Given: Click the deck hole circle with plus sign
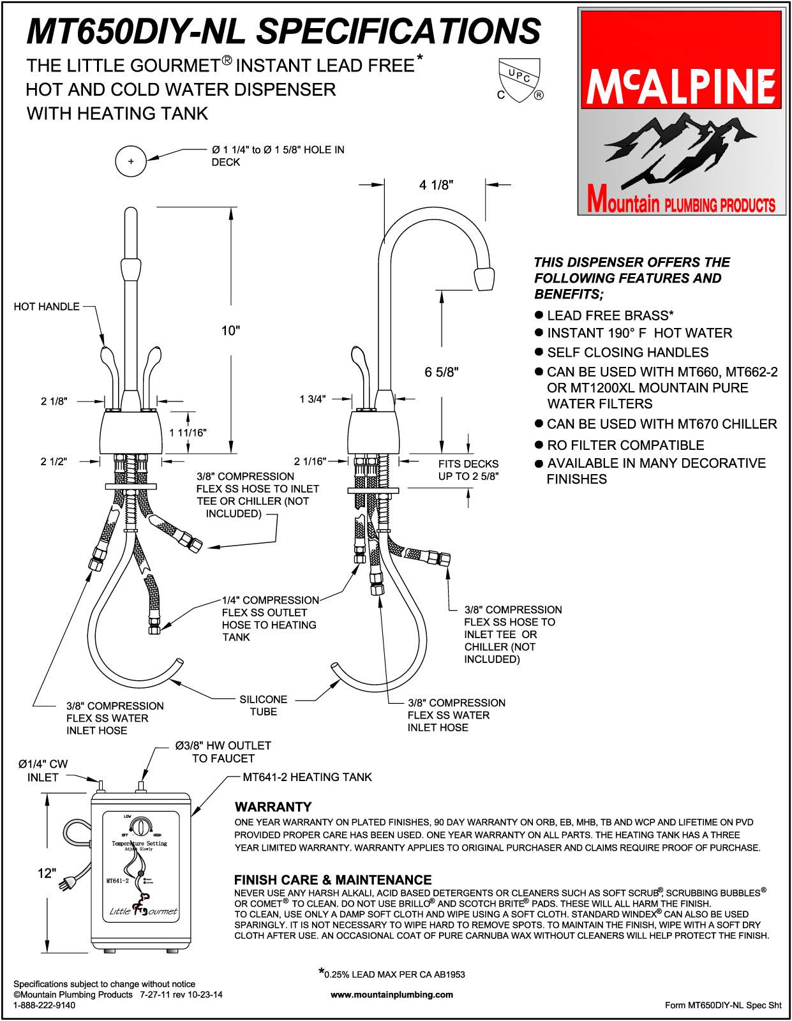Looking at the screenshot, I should [131, 161].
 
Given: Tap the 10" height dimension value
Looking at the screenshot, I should [230, 331].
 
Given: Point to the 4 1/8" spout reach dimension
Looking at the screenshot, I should [437, 186].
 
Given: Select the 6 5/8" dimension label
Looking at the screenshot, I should [442, 372].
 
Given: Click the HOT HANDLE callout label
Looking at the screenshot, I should [47, 307].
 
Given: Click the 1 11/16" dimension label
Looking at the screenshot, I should [188, 433].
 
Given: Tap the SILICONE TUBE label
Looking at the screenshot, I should [263, 705].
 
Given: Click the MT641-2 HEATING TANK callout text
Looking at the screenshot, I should [307, 777].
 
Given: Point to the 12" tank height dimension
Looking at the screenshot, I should [47, 873].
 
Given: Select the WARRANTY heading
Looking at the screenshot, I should [273, 807].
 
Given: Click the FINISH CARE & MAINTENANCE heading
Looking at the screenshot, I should [332, 880].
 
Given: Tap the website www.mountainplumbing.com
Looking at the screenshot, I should [392, 994].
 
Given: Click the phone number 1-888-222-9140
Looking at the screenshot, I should [44, 1005].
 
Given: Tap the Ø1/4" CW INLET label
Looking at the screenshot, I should [43, 771].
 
